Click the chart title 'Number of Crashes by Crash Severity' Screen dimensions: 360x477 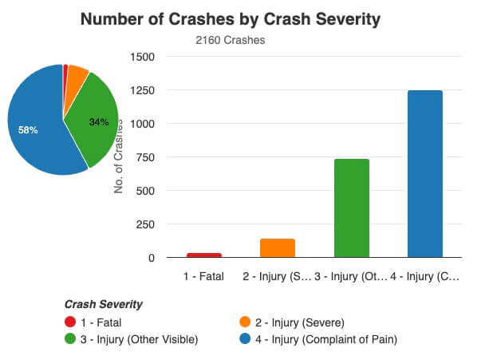click(238, 19)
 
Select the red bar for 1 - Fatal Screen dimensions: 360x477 click(204, 255)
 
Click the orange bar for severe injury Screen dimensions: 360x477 click(278, 247)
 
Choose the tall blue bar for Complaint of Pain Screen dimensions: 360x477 click(424, 173)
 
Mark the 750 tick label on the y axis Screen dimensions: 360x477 click(144, 157)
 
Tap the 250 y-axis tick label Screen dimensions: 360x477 click(144, 224)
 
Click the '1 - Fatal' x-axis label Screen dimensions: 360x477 click(204, 277)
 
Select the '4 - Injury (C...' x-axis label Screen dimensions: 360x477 click(425, 277)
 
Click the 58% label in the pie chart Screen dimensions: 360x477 click(28, 129)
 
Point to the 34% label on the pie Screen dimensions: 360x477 click(98, 122)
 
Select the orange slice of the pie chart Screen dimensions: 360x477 click(77, 75)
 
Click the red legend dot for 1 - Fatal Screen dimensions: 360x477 click(69, 322)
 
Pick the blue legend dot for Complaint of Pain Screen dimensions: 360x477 click(246, 339)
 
